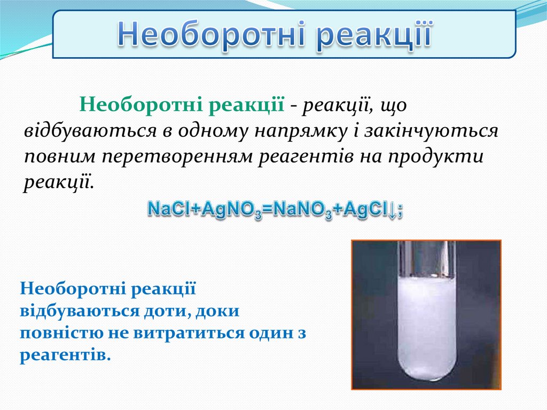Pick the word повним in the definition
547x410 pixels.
60,157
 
